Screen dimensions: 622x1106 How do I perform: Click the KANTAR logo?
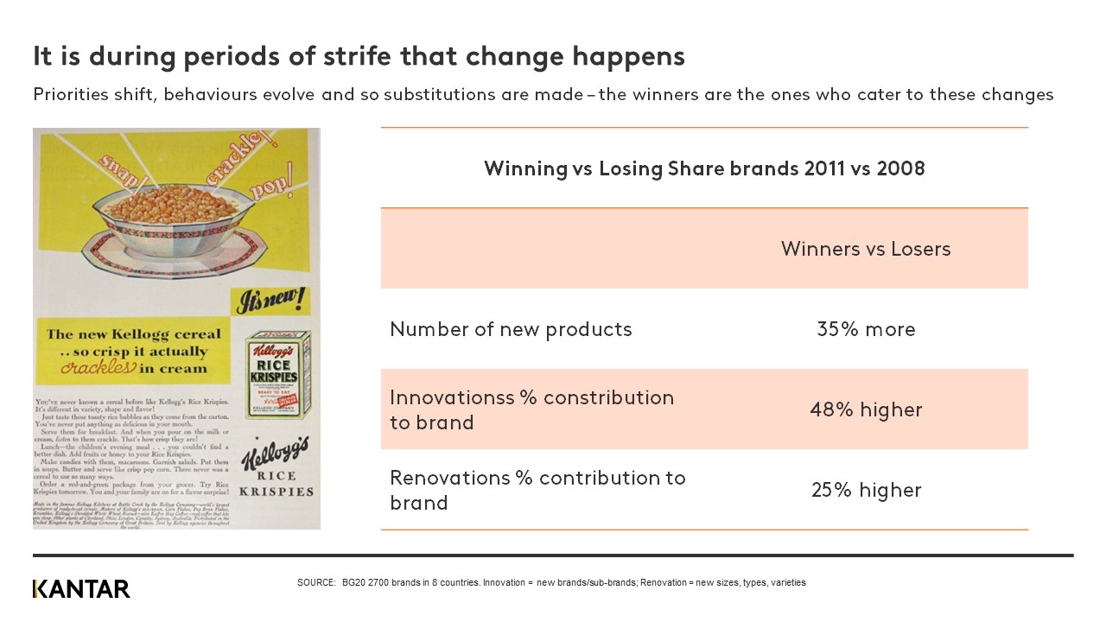point(81,589)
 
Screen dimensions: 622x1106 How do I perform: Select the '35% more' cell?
point(866,329)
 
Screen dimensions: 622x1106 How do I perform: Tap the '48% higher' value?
point(866,409)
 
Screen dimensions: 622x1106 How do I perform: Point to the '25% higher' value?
point(866,490)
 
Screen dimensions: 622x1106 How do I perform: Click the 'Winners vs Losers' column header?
point(866,249)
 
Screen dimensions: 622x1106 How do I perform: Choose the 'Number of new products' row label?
point(511,329)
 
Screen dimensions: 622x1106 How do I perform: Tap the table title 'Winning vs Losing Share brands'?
point(640,168)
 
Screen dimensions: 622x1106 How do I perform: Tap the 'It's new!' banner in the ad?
point(270,300)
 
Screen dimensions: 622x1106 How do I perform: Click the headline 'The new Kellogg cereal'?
point(133,334)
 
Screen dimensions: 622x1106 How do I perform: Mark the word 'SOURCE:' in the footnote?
point(315,583)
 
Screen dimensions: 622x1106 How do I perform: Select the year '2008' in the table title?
point(900,168)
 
